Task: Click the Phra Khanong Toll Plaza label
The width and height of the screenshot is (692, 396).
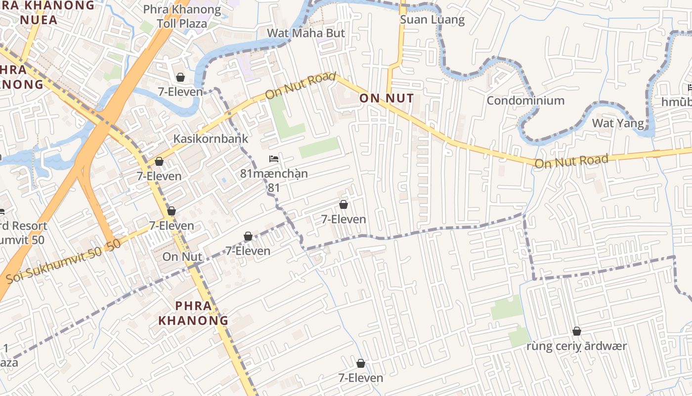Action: (x=182, y=16)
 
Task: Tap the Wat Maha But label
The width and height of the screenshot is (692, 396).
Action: (x=306, y=33)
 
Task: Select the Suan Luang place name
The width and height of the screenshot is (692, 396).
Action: (x=432, y=20)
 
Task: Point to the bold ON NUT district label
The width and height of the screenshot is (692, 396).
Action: (x=387, y=98)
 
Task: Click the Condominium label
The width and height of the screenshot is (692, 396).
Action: (x=525, y=100)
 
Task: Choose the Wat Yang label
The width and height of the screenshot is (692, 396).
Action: (x=618, y=123)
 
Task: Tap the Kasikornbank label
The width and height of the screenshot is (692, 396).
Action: (x=211, y=139)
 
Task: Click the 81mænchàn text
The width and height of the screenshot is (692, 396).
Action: (x=274, y=174)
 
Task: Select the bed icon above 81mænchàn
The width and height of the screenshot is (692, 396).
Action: (x=274, y=159)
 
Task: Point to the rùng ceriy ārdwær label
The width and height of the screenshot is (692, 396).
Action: (x=576, y=346)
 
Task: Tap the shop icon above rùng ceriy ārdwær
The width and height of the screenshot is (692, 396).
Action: (x=576, y=331)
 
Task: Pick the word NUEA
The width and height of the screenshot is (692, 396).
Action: (x=39, y=20)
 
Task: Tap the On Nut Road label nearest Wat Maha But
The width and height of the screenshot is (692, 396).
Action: (x=300, y=86)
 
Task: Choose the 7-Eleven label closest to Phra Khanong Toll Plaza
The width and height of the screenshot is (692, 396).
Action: (x=180, y=92)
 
